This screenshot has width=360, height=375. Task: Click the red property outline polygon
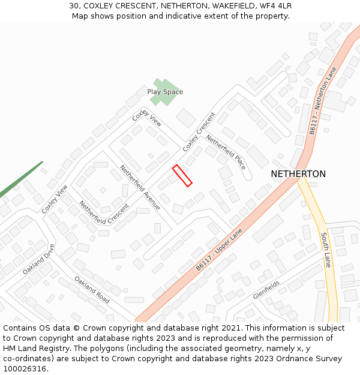click(x=182, y=176)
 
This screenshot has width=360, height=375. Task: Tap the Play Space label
click(x=165, y=92)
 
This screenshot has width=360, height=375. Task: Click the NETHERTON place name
click(x=298, y=174)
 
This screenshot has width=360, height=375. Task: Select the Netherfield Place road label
click(x=226, y=152)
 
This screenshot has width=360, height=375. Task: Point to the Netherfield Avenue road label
click(x=140, y=187)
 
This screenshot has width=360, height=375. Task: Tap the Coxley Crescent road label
click(x=199, y=131)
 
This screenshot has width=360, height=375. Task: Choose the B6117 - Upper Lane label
click(x=219, y=250)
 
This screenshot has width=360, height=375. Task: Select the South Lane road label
click(x=326, y=250)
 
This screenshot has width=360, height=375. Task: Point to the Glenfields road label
click(x=266, y=289)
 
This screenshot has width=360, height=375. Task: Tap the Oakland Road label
click(x=92, y=290)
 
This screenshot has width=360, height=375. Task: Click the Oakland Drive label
click(x=39, y=259)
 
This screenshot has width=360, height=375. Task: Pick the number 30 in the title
click(x=74, y=6)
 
